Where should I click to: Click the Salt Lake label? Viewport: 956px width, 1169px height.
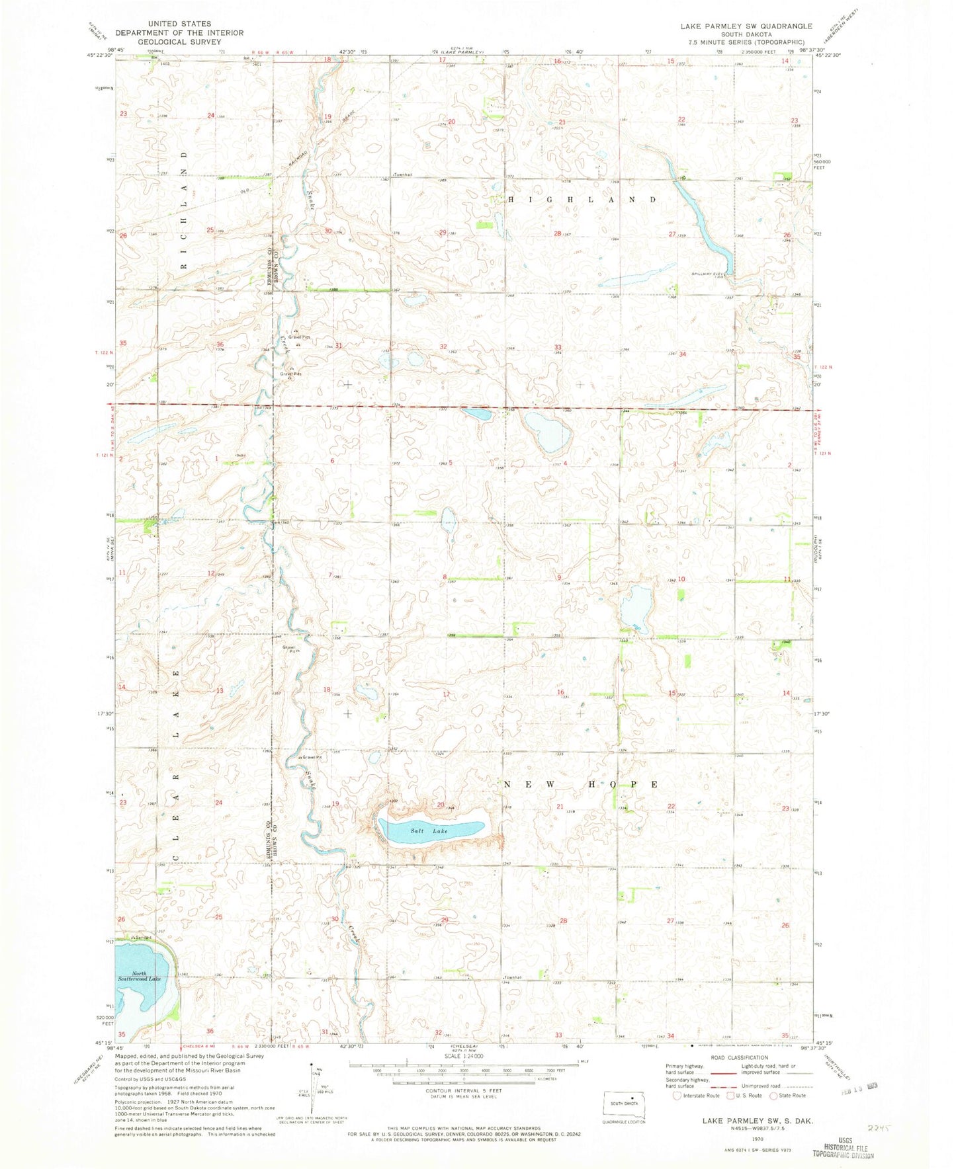[428, 830]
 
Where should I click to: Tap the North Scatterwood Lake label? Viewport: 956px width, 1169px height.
[145, 975]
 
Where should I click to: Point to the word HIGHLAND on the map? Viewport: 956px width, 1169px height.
[582, 199]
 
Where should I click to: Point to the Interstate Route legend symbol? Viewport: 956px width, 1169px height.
[677, 1096]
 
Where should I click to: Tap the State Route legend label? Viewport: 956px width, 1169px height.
[793, 1096]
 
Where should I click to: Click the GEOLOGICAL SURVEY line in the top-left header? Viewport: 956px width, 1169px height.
[179, 41]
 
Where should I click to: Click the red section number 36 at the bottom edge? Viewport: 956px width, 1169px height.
[210, 1031]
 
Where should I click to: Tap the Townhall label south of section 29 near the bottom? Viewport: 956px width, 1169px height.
[512, 977]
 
